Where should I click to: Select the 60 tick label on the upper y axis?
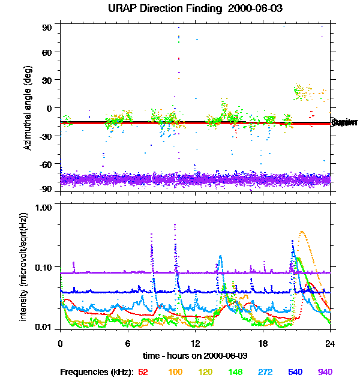point(47,52)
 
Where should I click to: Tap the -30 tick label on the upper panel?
point(45,136)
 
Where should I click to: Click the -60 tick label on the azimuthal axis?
point(45,163)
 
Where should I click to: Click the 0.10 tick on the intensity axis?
point(44,266)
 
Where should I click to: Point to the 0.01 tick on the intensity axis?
point(44,328)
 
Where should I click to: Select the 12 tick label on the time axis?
point(195,344)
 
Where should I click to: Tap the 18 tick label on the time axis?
point(263,344)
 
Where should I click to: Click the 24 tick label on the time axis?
point(330,344)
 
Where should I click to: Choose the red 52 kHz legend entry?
point(143,372)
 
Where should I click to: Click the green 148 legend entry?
point(236,372)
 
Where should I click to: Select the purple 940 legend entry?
point(325,372)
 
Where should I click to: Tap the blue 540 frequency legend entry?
point(295,372)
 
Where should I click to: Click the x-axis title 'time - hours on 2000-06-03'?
point(195,356)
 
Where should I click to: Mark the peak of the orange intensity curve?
point(301,232)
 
